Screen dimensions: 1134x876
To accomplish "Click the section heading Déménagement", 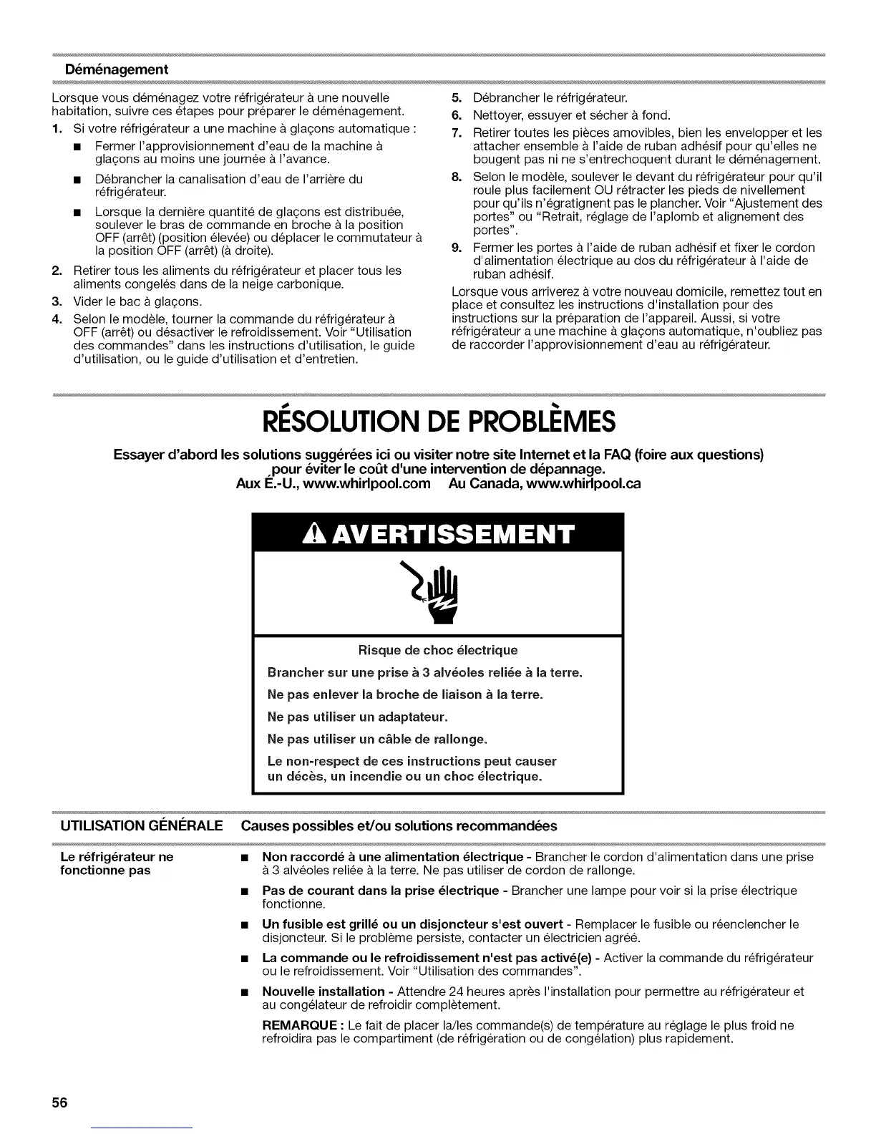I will pyautogui.click(x=116, y=69).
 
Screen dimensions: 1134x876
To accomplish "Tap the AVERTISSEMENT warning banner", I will pyautogui.click(x=438, y=533).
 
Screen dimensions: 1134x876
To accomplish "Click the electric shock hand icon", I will pyautogui.click(x=438, y=591).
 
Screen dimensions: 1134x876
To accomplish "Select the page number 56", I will pyautogui.click(x=59, y=1102).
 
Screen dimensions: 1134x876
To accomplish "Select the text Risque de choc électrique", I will pyautogui.click(x=437, y=650).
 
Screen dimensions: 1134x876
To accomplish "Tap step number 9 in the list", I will pyautogui.click(x=457, y=248).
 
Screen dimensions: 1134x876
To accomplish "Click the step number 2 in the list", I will pyautogui.click(x=57, y=271).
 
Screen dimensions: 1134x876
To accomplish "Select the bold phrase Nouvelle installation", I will pyautogui.click(x=323, y=992).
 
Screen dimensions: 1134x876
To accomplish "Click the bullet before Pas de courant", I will pyautogui.click(x=245, y=892).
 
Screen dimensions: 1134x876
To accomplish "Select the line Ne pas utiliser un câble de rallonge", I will pyautogui.click(x=376, y=739).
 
